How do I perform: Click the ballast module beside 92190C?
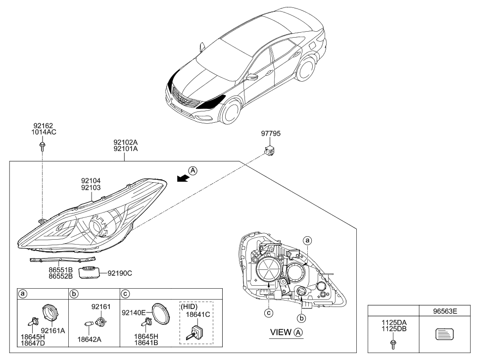pyautogui.click(x=90, y=272)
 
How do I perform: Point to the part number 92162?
pyautogui.click(x=43, y=126)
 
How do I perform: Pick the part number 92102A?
pyautogui.click(x=126, y=142)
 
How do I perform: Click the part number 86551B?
pyautogui.click(x=60, y=270)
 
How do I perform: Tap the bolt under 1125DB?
pyautogui.click(x=393, y=342)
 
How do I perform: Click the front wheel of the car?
pyautogui.click(x=231, y=113)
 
